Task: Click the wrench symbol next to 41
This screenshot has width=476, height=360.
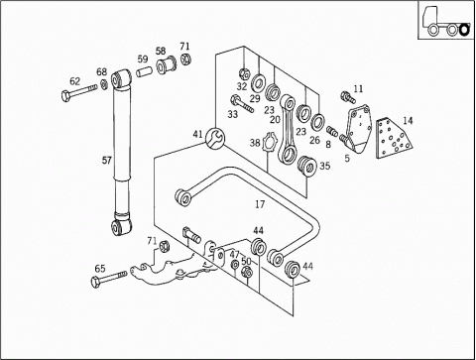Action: [215, 138]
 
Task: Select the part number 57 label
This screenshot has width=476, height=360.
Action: [106, 161]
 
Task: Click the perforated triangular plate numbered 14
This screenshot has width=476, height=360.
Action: [393, 139]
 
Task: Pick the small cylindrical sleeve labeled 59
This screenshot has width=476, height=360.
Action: [144, 72]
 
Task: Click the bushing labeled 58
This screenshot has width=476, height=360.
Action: [167, 65]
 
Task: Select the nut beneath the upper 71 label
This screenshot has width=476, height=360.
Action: [185, 59]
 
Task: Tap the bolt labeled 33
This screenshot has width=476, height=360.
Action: [243, 103]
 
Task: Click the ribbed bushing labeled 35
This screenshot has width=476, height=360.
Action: [305, 166]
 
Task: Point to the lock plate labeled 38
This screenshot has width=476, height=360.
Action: [268, 143]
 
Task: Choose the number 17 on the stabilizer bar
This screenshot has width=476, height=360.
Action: [260, 204]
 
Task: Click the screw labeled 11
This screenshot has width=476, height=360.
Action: [348, 97]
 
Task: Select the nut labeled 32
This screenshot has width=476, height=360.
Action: [244, 73]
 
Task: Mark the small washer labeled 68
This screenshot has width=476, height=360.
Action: [103, 84]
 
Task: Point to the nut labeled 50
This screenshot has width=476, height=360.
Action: [247, 272]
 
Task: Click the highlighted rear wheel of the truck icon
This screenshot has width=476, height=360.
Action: [464, 30]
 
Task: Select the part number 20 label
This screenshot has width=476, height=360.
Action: [275, 120]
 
